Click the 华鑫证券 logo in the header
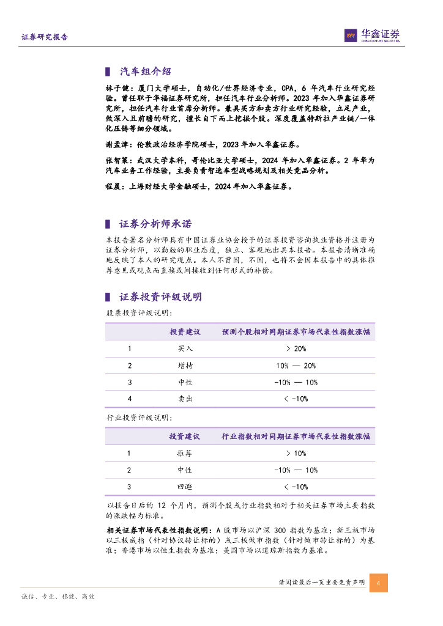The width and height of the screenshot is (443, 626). coord(372,35)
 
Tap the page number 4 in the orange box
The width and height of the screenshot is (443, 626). coord(379,583)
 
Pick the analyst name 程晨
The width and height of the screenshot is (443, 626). coord(113,187)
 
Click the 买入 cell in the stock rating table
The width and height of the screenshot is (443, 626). coord(185,348)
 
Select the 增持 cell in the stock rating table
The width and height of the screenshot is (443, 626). coord(185,366)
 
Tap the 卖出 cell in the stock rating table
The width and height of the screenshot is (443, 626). coord(185,399)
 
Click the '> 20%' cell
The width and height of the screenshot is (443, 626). coord(296,348)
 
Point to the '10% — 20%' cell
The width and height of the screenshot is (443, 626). coord(296,366)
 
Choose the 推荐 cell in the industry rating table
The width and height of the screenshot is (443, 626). coord(185,454)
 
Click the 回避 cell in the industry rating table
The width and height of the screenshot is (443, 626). coord(185,487)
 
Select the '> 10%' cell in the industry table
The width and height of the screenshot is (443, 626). coord(296,454)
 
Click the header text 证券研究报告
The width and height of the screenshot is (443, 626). coord(45,37)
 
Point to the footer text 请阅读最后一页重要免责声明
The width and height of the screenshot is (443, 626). coord(321,583)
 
